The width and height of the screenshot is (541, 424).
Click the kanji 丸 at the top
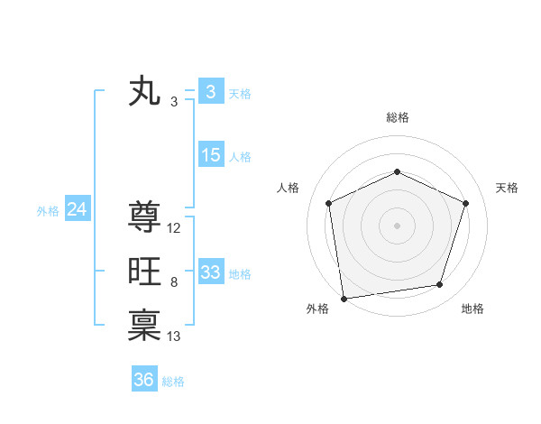click(x=144, y=92)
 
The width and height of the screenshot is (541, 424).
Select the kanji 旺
click(x=144, y=272)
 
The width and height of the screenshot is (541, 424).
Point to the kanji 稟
click(x=144, y=326)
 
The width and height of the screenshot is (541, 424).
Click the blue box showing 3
click(x=210, y=92)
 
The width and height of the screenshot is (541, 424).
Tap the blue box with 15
click(x=211, y=155)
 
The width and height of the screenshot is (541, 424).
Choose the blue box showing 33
click(x=211, y=272)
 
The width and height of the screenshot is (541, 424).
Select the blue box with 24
click(x=78, y=210)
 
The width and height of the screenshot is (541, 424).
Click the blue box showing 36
click(x=144, y=380)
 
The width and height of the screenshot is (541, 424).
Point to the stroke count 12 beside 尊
click(x=174, y=228)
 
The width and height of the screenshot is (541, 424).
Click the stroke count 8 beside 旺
click(x=174, y=282)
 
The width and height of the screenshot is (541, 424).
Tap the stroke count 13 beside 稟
click(x=174, y=336)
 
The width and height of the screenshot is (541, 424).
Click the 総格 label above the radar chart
click(x=397, y=117)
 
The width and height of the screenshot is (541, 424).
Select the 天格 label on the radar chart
click(x=508, y=188)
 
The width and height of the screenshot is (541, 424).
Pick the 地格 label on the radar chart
click(x=472, y=309)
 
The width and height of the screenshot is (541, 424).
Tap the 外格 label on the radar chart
click(x=317, y=309)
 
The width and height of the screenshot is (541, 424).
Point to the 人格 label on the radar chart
click(x=288, y=188)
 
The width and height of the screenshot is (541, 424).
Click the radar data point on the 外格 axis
click(x=344, y=298)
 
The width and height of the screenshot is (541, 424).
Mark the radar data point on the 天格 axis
click(x=466, y=203)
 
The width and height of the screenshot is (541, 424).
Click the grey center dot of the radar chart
click(x=397, y=225)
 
